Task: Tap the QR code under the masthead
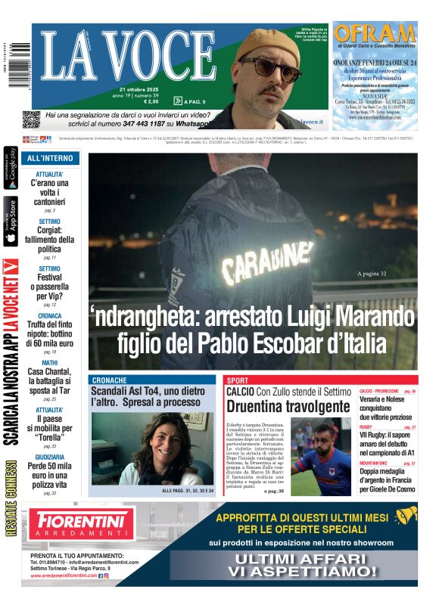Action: [x=30, y=119]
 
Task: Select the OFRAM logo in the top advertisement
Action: [x=374, y=33]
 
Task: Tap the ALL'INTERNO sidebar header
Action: [x=50, y=159]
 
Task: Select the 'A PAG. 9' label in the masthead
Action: [x=190, y=101]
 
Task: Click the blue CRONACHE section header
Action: [x=110, y=380]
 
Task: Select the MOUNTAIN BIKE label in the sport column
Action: [x=375, y=463]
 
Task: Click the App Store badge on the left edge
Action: [x=11, y=222]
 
